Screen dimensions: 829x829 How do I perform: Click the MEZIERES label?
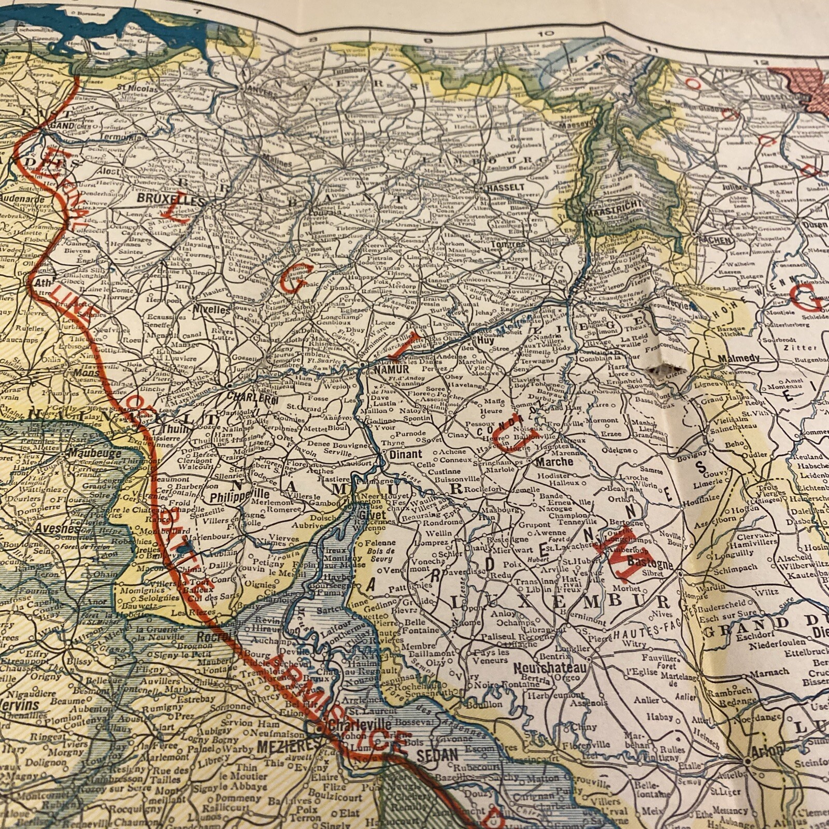click(x=285, y=745)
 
